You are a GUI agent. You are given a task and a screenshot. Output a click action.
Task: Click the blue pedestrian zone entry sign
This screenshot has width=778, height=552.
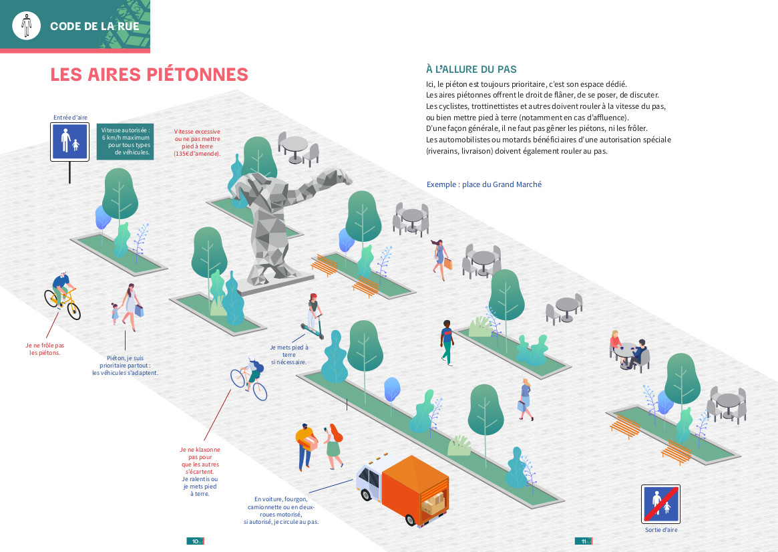click(70, 142)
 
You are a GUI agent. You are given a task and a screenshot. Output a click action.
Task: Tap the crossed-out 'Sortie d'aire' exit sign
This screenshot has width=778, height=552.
click(660, 504)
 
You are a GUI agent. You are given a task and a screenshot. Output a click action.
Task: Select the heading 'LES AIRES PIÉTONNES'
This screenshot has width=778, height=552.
click(149, 75)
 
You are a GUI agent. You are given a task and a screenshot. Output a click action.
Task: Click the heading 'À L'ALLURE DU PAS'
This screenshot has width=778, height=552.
click(471, 70)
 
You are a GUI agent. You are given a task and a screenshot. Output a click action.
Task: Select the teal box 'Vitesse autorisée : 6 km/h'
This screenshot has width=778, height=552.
click(125, 141)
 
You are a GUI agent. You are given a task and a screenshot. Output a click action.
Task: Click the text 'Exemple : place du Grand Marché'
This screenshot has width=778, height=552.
click(483, 184)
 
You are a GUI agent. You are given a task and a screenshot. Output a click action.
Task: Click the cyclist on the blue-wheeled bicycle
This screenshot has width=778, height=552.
click(250, 378)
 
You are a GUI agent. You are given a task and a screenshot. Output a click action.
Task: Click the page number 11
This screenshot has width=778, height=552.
click(584, 541)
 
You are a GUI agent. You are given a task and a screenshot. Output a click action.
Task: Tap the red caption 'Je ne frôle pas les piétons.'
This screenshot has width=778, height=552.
click(45, 349)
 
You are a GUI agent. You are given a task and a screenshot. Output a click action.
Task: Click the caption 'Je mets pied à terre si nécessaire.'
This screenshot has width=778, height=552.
click(288, 354)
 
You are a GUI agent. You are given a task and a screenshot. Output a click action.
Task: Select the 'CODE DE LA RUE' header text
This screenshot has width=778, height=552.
click(94, 27)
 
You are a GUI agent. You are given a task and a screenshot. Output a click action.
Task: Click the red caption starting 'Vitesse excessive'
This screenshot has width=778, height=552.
click(197, 142)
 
